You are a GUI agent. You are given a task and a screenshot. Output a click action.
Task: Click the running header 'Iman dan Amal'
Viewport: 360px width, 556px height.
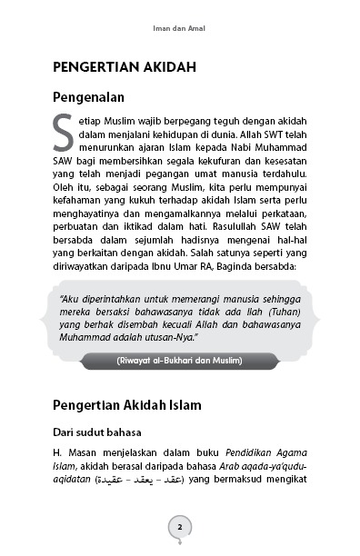coord(180,28)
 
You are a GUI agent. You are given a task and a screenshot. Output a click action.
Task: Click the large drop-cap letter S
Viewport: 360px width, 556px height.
coord(63,132)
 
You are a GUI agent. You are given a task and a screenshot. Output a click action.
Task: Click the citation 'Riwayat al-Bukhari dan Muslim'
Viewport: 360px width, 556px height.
coord(180,362)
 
